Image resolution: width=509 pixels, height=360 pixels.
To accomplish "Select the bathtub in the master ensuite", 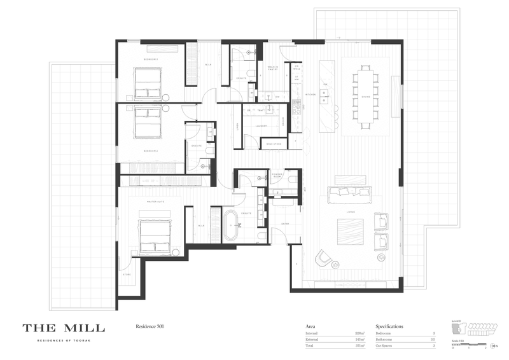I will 231,225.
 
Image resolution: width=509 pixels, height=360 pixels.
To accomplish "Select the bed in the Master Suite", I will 155,236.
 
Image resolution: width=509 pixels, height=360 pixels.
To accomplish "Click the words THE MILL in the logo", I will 64,328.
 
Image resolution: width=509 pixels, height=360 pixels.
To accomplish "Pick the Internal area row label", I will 311,333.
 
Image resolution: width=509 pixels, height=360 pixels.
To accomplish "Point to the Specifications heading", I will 389,326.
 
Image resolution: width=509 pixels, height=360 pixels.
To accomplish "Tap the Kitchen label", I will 310,95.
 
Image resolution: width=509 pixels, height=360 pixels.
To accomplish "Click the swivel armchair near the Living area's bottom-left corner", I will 324,256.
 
